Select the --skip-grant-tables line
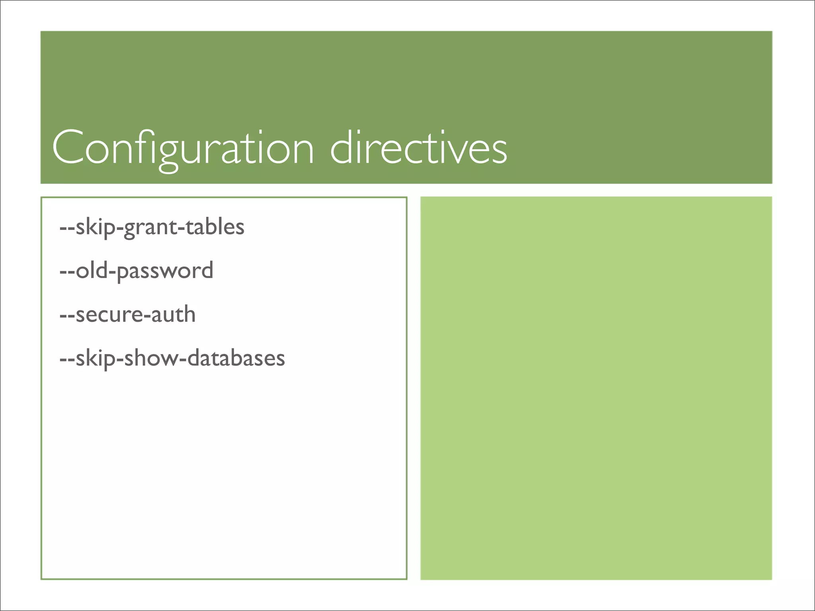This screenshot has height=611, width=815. tap(152, 227)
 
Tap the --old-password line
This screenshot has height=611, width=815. tap(136, 271)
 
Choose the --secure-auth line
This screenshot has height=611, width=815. tap(127, 315)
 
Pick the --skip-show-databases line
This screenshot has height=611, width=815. tap(172, 358)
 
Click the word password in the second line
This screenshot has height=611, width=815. tap(165, 272)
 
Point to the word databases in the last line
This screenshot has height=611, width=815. tap(236, 358)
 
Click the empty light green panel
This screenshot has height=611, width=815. tap(596, 388)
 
